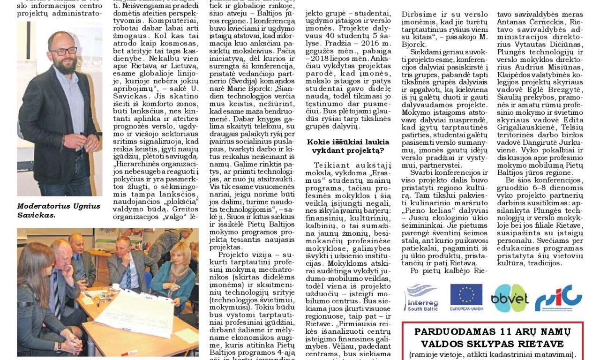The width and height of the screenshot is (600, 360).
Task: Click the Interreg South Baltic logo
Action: pyautogui.click(x=421, y=297)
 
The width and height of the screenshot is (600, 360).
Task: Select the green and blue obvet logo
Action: pyautogui.click(x=510, y=298)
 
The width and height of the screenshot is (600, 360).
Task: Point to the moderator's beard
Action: pyautogui.click(x=65, y=64)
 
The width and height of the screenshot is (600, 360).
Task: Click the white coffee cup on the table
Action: pyautogui.click(x=116, y=286)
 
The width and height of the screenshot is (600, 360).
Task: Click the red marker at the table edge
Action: pyautogui.click(x=129, y=353)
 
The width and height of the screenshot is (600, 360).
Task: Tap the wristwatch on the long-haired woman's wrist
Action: pyautogui.click(x=60, y=347)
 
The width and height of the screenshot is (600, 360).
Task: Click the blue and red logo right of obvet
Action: pyautogui.click(x=558, y=298)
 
